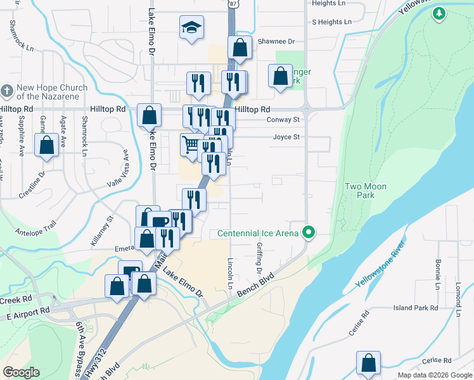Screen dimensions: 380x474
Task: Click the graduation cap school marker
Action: [x=191, y=28]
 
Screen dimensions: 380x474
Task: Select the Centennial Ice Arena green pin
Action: [x=309, y=233]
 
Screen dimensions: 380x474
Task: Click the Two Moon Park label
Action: [x=366, y=191]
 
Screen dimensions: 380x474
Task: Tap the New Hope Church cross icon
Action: [x=7, y=91]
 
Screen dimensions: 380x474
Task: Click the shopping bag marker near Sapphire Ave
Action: [x=47, y=145]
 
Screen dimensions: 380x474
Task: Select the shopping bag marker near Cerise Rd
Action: [x=368, y=364]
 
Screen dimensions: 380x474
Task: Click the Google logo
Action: [x=21, y=372]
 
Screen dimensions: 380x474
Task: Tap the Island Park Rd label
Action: [x=416, y=308]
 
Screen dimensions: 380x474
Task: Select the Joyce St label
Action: [x=286, y=137]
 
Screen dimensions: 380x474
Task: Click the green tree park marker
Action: [x=439, y=13]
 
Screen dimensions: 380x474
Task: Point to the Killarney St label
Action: [x=101, y=231]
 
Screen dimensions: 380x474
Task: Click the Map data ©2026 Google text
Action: [x=434, y=375]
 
